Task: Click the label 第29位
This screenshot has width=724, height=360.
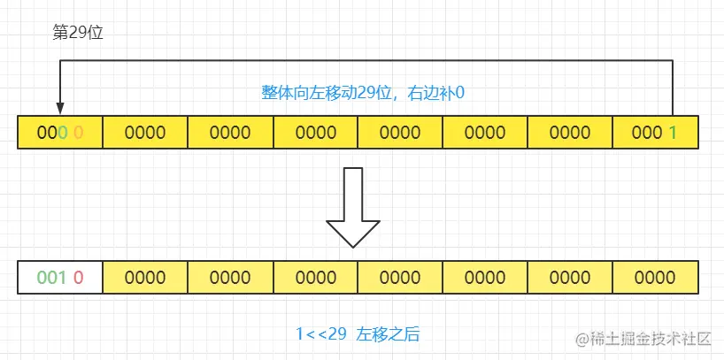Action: coord(79,33)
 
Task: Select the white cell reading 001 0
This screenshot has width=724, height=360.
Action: coord(60,277)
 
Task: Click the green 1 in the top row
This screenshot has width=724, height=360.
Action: coord(674,133)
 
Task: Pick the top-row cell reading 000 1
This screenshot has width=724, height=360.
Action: coord(656,133)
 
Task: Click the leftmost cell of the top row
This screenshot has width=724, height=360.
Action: coord(60,133)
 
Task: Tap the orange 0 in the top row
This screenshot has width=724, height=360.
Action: coord(78,133)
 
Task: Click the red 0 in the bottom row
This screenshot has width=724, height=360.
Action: coord(78,277)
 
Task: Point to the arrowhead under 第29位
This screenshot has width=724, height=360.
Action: coord(59,107)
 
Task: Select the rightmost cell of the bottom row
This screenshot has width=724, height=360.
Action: coord(656,277)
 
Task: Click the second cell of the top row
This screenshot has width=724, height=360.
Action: coord(145,133)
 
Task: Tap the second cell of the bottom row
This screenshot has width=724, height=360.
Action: coord(145,277)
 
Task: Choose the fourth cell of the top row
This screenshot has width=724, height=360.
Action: coord(315,133)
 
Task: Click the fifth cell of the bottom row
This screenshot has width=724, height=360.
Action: coord(400,277)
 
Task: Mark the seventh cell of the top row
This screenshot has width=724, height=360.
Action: coord(570,133)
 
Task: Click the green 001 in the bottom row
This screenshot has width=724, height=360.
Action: coord(51,277)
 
